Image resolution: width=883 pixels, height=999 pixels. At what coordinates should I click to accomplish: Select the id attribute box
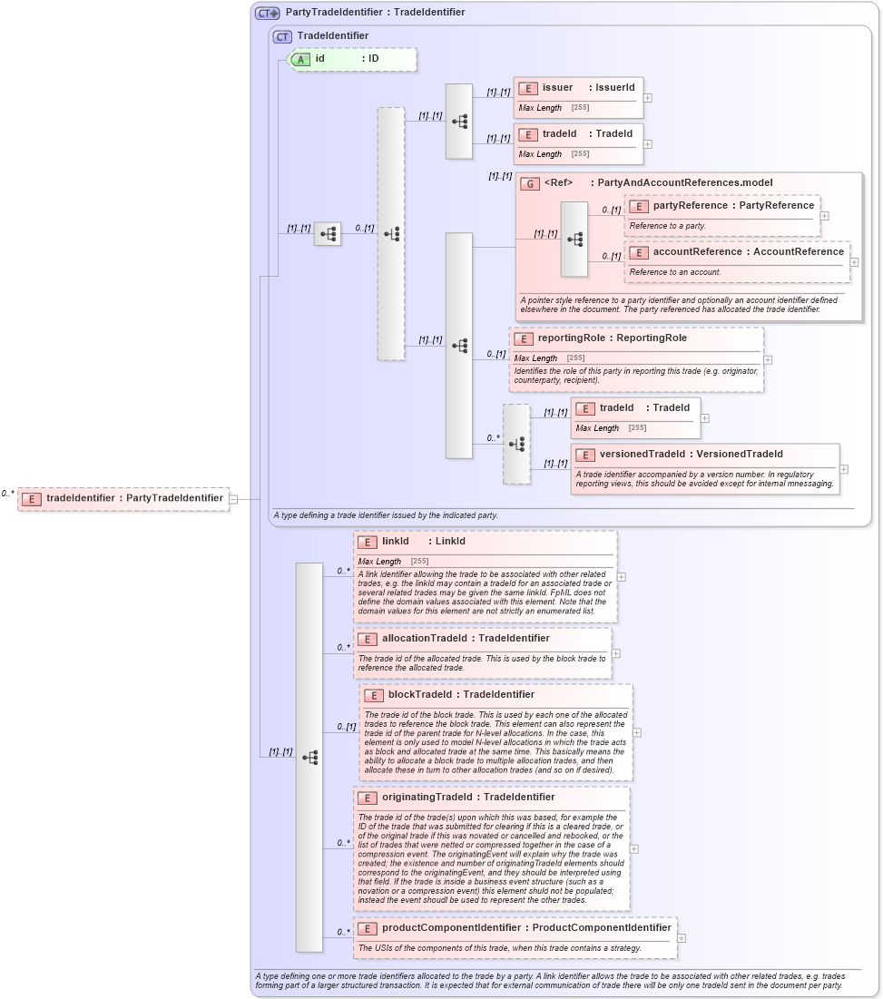pos(352,59)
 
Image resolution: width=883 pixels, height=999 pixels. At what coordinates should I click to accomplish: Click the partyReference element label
pos(733,206)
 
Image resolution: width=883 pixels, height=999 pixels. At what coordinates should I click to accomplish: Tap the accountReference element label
pos(748,252)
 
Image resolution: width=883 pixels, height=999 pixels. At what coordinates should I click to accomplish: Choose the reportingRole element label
pos(612,338)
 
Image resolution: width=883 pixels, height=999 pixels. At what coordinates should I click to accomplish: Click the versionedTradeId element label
pos(691,455)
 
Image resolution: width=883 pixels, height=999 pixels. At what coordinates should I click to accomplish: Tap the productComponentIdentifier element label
pos(526,928)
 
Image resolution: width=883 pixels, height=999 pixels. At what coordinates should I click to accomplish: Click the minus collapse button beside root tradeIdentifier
pos(233,498)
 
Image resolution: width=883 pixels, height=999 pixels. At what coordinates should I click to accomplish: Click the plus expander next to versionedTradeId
pos(844,469)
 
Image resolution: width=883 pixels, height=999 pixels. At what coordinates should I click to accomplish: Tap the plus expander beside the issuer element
pos(648,98)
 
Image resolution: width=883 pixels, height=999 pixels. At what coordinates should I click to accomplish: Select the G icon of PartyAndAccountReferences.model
pos(530,183)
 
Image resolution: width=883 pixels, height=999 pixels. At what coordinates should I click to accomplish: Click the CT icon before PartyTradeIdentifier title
pos(268,13)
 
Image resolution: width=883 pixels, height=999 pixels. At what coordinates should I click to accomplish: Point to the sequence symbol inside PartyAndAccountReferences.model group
pos(574,240)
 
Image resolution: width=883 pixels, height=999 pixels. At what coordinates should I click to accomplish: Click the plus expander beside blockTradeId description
pos(636,732)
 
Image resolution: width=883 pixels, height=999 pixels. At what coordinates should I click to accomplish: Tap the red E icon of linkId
pos(368,542)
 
